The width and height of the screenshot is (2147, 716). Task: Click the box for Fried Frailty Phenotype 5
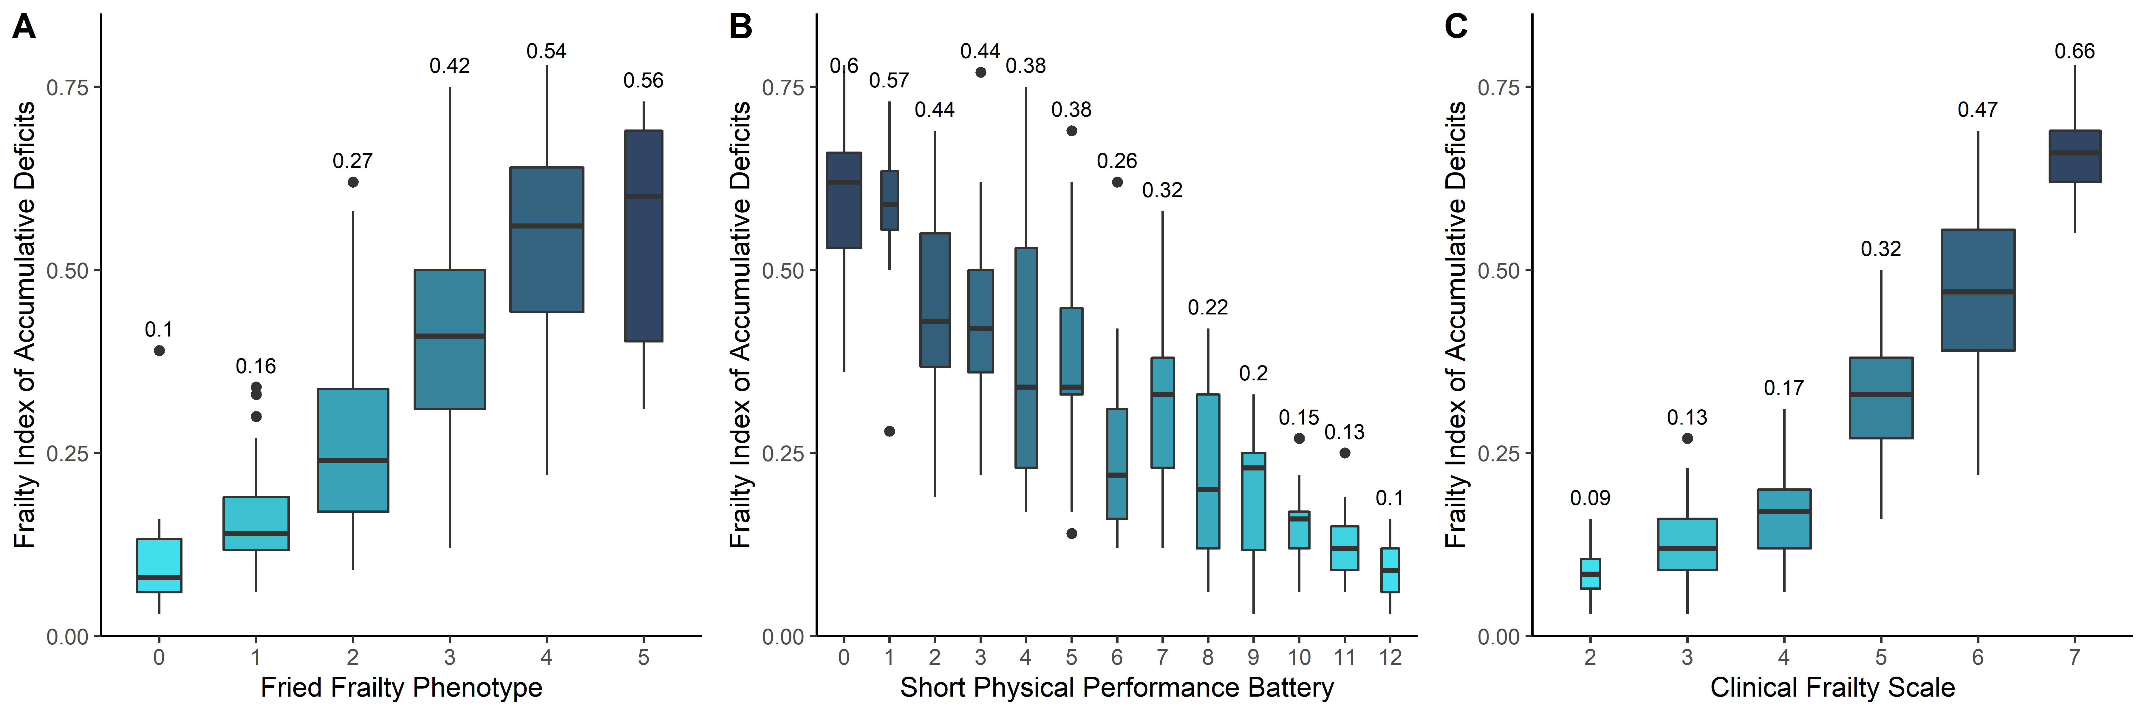pos(644,236)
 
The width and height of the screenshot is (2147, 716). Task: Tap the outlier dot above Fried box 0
pos(159,351)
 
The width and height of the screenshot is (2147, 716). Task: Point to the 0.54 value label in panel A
pos(546,52)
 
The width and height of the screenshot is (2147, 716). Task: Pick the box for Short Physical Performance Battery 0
pos(844,200)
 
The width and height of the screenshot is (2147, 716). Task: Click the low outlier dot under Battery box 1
pos(889,431)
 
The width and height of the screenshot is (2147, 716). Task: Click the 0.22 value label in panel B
pos(1208,308)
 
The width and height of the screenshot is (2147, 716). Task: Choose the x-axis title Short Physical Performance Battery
pos(1117,688)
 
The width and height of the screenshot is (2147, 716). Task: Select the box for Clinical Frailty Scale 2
pos(1590,573)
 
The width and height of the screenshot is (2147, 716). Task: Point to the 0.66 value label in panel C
pos(2075,52)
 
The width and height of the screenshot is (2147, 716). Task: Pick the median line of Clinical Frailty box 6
pos(1978,292)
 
